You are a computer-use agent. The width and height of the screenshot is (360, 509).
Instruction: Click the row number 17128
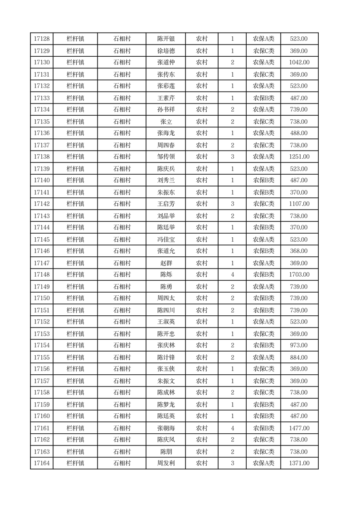pyautogui.click(x=42, y=39)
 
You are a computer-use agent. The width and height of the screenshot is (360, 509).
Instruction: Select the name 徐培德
pyautogui.click(x=166, y=51)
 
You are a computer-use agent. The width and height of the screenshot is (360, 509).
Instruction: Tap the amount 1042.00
pyautogui.click(x=299, y=63)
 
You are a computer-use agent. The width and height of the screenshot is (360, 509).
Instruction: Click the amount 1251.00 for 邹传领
pyautogui.click(x=299, y=157)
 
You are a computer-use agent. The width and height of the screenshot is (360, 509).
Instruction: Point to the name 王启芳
pyautogui.click(x=166, y=204)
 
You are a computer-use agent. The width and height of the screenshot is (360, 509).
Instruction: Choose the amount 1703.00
pyautogui.click(x=299, y=275)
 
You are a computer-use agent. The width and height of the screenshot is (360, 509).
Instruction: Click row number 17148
pyautogui.click(x=42, y=275)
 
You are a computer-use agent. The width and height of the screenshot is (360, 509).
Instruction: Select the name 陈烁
pyautogui.click(x=166, y=275)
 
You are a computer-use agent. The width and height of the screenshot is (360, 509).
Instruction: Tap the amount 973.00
pyautogui.click(x=299, y=346)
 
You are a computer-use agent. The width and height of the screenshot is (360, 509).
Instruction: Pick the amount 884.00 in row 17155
pyautogui.click(x=299, y=357)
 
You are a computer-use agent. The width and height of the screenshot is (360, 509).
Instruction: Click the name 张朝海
pyautogui.click(x=166, y=428)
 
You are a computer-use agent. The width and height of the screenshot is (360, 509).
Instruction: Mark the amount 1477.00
pyautogui.click(x=299, y=428)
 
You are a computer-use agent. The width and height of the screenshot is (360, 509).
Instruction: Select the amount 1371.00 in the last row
pyautogui.click(x=299, y=463)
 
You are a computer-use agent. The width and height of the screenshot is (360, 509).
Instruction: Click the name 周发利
pyautogui.click(x=166, y=463)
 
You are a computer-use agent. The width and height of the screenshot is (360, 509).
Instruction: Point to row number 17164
pyautogui.click(x=42, y=463)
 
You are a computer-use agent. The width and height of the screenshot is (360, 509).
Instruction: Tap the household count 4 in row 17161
pyautogui.click(x=232, y=428)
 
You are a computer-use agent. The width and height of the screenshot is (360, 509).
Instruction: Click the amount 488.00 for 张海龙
pyautogui.click(x=299, y=133)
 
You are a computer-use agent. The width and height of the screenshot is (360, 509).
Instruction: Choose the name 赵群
pyautogui.click(x=166, y=263)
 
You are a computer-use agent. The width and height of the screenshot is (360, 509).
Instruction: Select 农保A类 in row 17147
pyautogui.click(x=263, y=263)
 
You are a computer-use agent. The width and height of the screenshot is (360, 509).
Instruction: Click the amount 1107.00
pyautogui.click(x=299, y=204)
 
